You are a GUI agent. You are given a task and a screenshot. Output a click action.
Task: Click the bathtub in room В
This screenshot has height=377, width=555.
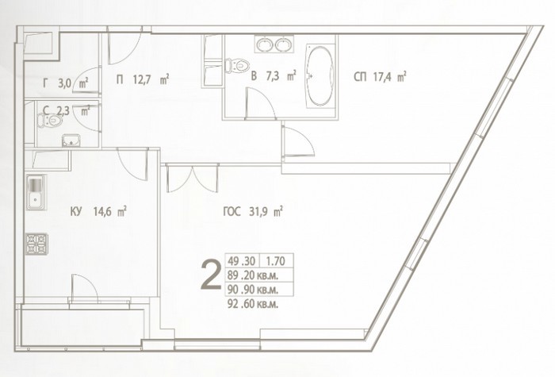point(320,76)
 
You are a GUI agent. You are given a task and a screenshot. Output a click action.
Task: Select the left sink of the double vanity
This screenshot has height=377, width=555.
point(264,44)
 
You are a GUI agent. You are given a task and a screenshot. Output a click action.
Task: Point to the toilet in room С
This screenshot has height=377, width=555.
point(50,121)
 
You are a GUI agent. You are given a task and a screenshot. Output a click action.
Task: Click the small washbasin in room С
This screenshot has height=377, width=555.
point(71,140)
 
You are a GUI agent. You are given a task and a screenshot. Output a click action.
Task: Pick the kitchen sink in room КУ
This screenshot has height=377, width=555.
point(36,192)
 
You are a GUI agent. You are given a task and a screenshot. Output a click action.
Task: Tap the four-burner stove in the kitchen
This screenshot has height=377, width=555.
point(36,244)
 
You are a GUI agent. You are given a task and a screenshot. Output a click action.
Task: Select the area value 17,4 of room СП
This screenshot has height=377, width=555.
point(383,77)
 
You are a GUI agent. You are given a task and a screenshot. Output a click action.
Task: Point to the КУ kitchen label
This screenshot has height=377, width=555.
point(76,212)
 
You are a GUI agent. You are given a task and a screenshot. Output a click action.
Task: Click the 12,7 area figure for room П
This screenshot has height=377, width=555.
point(142,79)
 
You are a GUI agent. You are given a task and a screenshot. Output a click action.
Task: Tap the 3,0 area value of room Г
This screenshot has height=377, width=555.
point(65,83)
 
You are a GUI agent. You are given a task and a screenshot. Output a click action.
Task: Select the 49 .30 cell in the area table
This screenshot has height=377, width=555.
point(241,261)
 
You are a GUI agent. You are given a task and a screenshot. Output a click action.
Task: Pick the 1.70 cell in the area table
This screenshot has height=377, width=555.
point(275,261)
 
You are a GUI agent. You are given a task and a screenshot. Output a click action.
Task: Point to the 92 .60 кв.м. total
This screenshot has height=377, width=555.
point(253,304)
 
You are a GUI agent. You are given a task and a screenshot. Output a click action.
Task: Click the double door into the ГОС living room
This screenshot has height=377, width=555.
point(192,179)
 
